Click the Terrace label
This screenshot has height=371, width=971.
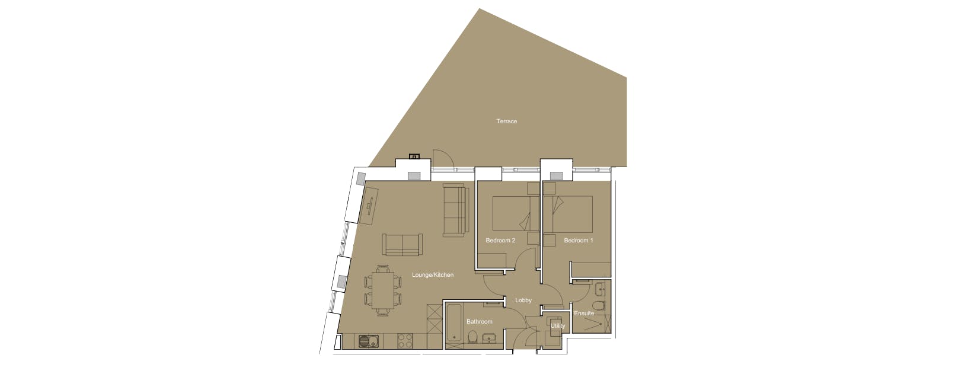point(506,121)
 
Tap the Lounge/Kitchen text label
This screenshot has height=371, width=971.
point(433,275)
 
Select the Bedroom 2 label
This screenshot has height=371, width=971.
point(500,241)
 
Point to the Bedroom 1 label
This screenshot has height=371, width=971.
point(579,241)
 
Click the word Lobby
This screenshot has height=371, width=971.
point(523,300)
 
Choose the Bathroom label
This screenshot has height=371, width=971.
point(479,322)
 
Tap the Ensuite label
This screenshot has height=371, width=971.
point(584,314)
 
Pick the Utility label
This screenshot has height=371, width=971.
point(557,326)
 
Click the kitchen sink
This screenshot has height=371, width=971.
point(367,342)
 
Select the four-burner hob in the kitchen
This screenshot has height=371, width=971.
point(405,341)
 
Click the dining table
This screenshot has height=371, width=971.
point(383,290)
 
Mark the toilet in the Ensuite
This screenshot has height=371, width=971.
point(599,306)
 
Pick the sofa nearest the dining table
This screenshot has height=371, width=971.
point(403,244)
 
